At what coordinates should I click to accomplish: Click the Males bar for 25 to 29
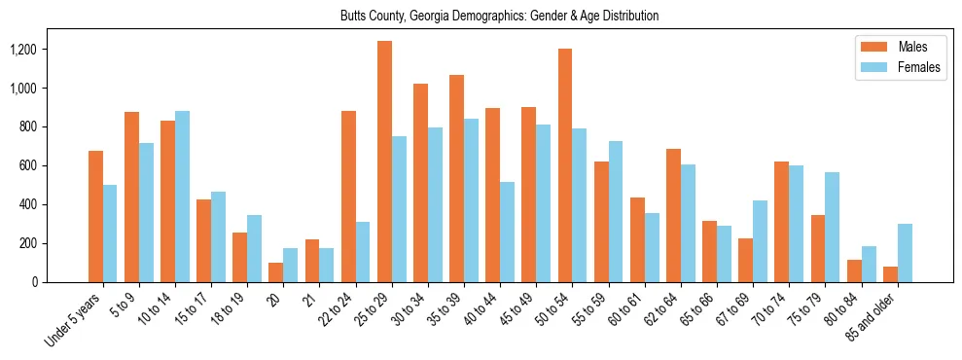(384, 162)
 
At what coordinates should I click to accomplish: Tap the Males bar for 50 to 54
(565, 165)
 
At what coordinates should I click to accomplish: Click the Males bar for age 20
(275, 272)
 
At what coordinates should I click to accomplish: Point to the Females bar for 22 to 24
(363, 252)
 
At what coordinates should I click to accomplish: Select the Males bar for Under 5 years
(95, 216)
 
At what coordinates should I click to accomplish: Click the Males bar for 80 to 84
(854, 270)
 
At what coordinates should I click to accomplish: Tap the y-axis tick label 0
(63, 282)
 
